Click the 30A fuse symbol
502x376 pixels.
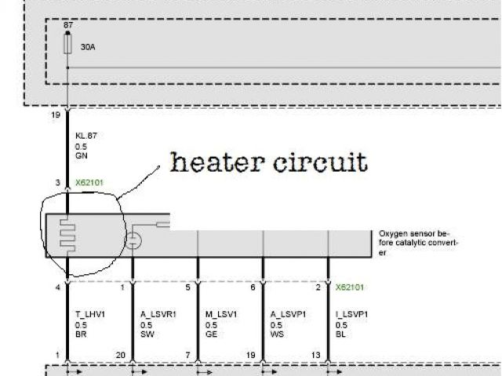tap(68, 45)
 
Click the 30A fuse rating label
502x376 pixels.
tap(89, 47)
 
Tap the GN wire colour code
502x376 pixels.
tap(80, 156)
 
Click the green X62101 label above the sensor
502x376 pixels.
tap(89, 183)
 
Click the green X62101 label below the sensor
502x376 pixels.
tap(350, 287)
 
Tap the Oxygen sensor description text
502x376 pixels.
tap(417, 242)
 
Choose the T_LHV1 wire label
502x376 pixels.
tap(89, 314)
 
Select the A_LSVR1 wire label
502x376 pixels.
tap(158, 314)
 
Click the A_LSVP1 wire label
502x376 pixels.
tap(289, 314)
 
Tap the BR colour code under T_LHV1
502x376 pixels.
tap(80, 334)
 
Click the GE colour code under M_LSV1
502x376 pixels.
tap(211, 334)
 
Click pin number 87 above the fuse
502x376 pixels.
tap(68, 25)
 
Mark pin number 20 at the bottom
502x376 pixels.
tap(121, 355)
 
